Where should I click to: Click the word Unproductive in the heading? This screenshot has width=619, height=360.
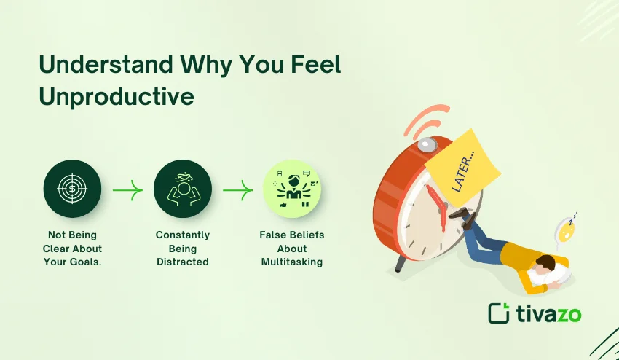click(117, 97)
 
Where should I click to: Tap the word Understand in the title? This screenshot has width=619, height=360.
click(106, 64)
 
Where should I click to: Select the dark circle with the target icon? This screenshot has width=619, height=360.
click(72, 189)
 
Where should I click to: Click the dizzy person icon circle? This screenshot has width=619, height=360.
click(182, 189)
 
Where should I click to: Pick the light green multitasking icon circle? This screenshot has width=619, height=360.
click(292, 189)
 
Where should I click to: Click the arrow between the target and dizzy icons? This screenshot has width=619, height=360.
click(127, 190)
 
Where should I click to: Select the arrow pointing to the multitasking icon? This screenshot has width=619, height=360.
click(237, 190)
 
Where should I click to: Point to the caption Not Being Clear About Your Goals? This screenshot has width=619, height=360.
click(72, 249)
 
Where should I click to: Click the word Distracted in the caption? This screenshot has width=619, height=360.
click(182, 262)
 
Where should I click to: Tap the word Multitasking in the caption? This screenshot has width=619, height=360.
click(292, 262)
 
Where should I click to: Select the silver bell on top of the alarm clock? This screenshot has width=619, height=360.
click(427, 144)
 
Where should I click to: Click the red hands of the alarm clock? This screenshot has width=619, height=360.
click(438, 206)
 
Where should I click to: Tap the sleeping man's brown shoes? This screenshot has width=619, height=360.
click(462, 217)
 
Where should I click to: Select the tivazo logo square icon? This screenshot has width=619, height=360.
click(499, 313)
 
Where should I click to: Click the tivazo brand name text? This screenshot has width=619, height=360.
click(548, 314)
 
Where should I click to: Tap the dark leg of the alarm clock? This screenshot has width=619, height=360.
click(401, 264)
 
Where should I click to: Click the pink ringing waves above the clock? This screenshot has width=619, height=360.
click(428, 119)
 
